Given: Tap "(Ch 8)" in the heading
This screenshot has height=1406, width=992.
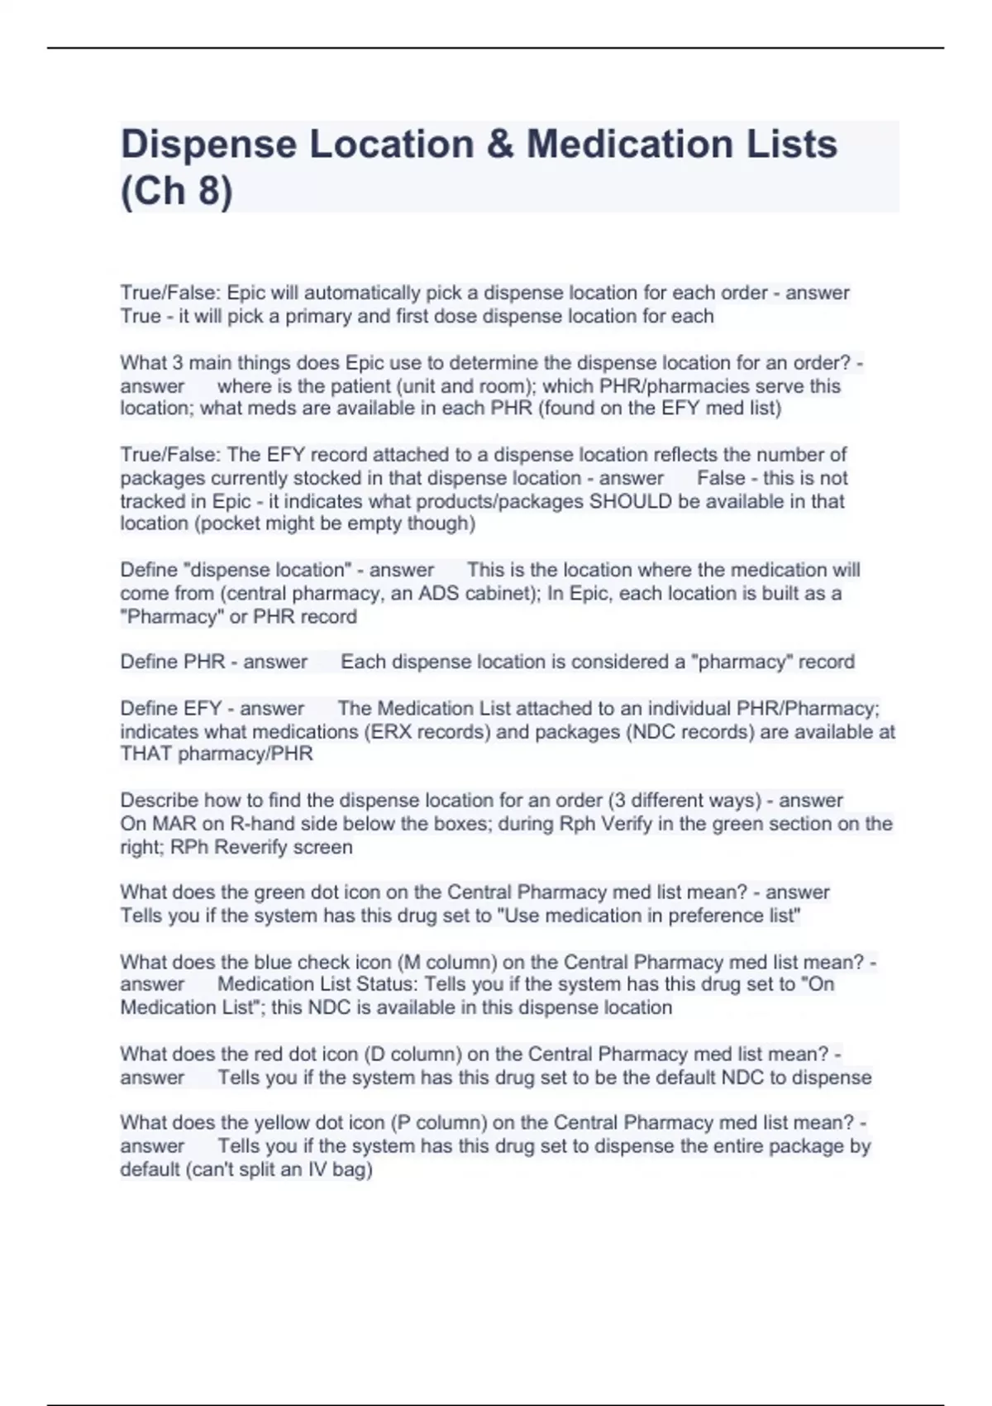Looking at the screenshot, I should coord(177,191).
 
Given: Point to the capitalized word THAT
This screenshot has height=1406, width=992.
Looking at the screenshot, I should coord(146,754).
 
